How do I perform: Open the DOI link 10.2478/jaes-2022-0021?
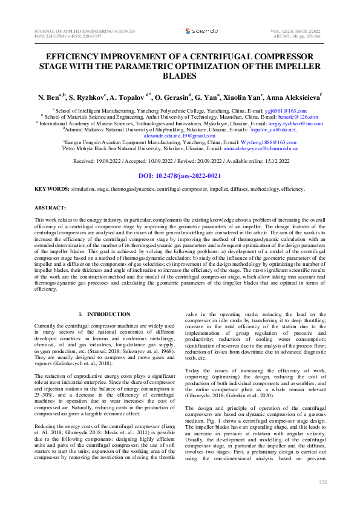click(x=180, y=176)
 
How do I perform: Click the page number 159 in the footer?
click(x=323, y=483)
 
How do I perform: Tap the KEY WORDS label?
click(x=51, y=190)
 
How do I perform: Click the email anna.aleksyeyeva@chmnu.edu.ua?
click(x=260, y=148)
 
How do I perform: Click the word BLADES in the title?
click(x=180, y=76)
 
